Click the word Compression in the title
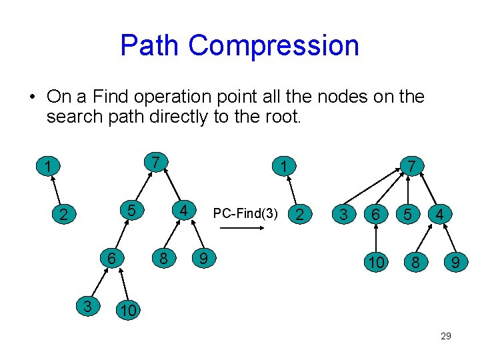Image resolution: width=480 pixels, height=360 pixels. [273, 45]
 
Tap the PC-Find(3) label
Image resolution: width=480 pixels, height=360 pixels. [245, 214]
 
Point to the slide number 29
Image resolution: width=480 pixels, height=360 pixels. [446, 336]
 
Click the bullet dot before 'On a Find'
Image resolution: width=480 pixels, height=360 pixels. [32, 97]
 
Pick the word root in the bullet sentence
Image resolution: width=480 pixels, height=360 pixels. [283, 118]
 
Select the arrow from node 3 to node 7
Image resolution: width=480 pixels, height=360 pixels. [370, 188]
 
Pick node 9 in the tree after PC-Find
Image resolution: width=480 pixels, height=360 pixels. [455, 263]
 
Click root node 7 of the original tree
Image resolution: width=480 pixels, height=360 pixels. [155, 162]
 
